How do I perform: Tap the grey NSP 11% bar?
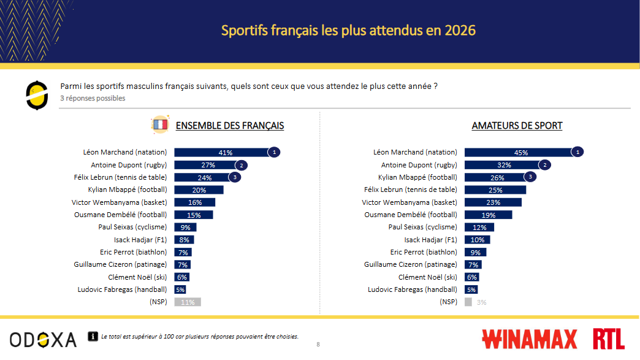pos(188,302)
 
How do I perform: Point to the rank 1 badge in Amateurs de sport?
pos(577,152)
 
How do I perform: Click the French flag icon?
pos(159,125)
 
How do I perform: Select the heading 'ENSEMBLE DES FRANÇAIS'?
pos(230,126)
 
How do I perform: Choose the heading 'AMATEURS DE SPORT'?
pos(517,126)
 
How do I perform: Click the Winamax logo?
pos(530,339)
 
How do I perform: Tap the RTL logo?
pos(609,339)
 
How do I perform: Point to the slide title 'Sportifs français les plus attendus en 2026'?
pos(348,30)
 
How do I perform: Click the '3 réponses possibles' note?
pos(93,98)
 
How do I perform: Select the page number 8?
pos(318,345)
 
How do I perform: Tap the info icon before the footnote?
pos(93,336)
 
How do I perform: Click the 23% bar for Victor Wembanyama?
pos(493,202)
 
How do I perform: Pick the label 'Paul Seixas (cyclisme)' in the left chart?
pos(132,227)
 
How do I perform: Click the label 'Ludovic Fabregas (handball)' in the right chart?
pos(412,289)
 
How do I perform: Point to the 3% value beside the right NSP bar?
pos(481,302)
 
